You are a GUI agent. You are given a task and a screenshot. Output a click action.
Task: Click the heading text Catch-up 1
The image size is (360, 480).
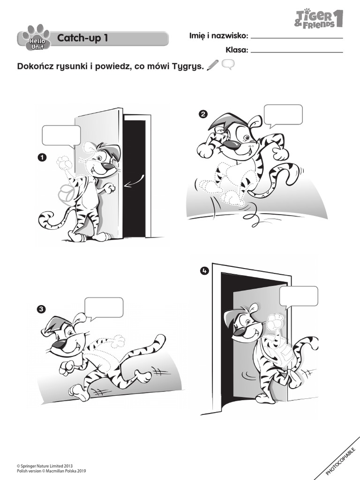pos(82,38)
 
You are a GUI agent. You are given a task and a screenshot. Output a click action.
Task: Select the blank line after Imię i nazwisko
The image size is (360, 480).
pos(297,37)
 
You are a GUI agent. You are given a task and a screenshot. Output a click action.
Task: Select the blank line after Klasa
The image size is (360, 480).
pos(297,52)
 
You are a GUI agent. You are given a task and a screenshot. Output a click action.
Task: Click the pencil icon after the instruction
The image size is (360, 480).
pos(212,66)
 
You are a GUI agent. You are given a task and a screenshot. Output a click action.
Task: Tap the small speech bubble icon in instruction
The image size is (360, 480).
pos(228,65)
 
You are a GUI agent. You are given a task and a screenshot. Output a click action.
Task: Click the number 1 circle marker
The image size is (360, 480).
pos(42,158)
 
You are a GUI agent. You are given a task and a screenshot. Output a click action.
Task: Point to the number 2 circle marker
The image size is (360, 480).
pos(203,114)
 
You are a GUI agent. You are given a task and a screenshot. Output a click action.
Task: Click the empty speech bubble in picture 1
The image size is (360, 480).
pos(61,135)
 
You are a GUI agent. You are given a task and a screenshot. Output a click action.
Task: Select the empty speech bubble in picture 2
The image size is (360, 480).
pos(283,115)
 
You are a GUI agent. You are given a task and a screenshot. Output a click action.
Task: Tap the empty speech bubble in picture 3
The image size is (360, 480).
pos(104,307)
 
